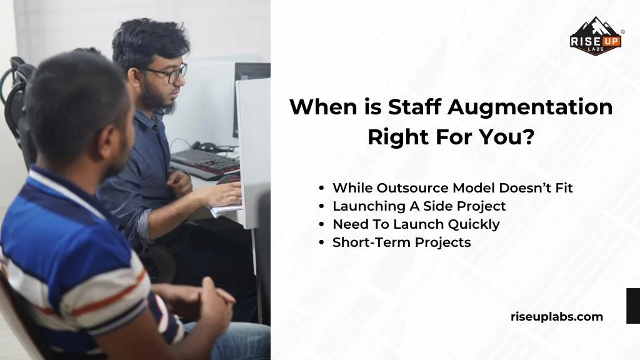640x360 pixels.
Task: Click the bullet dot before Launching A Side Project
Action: [x=321, y=206]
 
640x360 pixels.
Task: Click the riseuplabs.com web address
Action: [x=557, y=316]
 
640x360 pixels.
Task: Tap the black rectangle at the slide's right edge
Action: [x=632, y=306]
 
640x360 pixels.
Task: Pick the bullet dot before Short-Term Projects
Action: [x=321, y=242]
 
